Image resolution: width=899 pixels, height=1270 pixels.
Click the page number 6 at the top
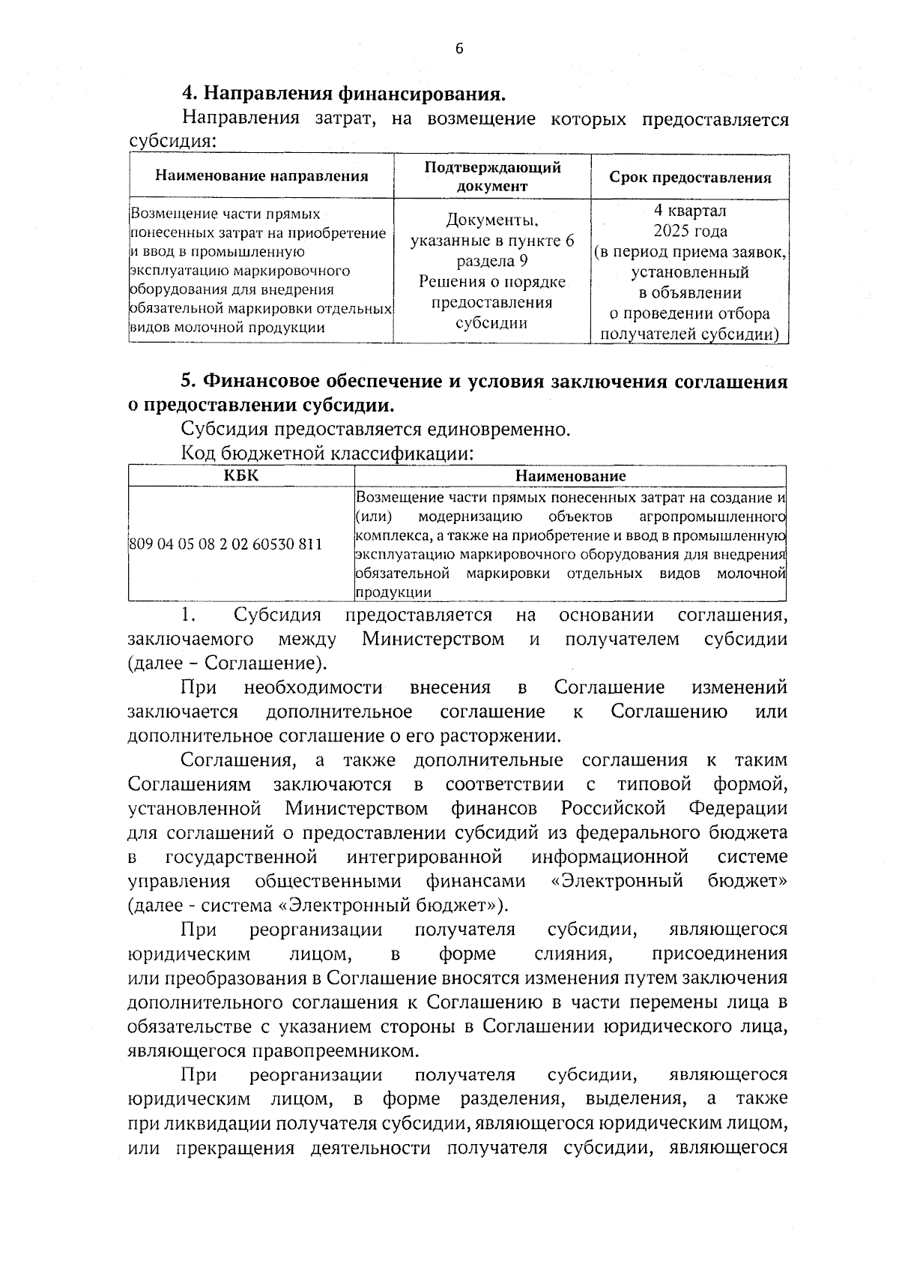coord(459,49)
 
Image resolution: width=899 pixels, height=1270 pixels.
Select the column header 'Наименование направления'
coord(261,176)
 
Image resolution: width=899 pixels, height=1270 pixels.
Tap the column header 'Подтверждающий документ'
coord(492,176)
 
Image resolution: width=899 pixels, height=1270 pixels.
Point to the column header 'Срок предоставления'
coord(689,178)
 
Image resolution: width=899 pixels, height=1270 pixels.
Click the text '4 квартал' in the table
coord(689,211)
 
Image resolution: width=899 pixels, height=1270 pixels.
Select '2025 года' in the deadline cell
coord(689,231)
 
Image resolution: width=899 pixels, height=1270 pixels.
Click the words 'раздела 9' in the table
coord(492,261)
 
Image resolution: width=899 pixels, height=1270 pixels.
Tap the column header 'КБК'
coord(240,475)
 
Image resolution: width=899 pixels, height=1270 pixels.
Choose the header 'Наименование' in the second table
coord(570,475)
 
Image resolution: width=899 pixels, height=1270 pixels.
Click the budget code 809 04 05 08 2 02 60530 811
coord(225,544)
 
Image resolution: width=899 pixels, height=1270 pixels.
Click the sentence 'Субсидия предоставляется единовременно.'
coord(375,430)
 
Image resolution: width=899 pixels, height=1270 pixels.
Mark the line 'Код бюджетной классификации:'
coord(327,454)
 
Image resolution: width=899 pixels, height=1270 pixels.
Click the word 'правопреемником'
coord(340,1050)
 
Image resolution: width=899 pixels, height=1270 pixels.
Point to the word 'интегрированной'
coord(424,856)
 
